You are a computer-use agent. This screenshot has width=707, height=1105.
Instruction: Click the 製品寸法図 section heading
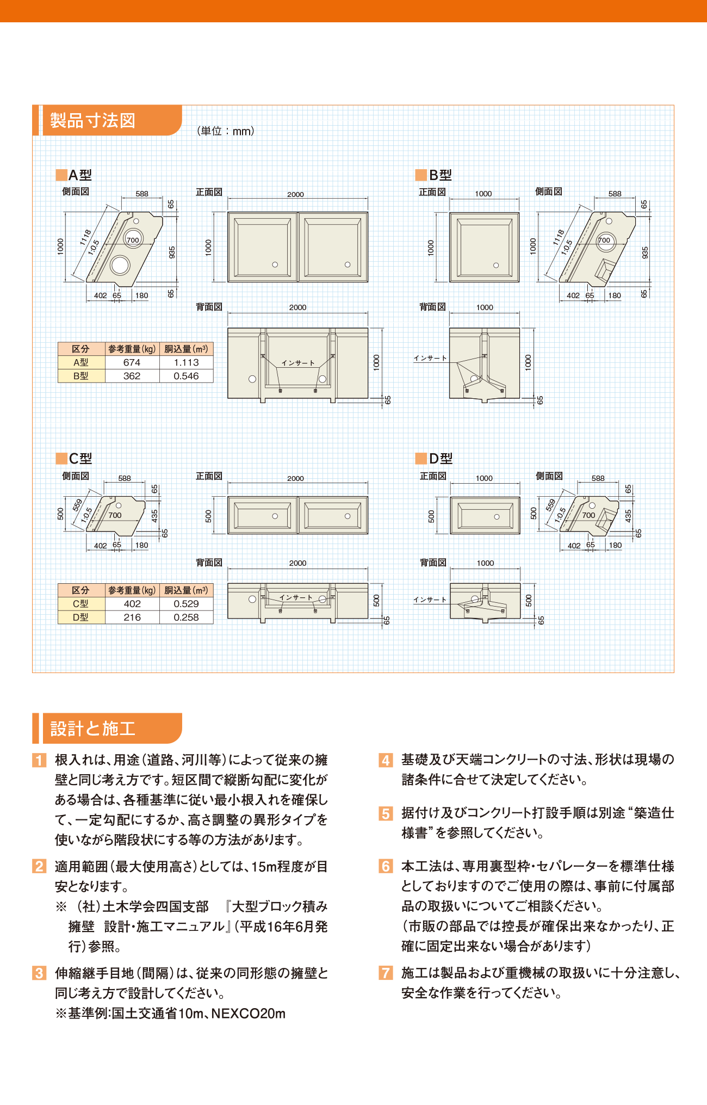92,120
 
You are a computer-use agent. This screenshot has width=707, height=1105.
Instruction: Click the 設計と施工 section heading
92,729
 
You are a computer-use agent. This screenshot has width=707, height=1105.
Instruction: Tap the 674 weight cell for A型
132,362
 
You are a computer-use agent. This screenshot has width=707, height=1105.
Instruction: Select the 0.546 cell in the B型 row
186,376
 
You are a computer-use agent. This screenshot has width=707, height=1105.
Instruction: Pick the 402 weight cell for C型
132,604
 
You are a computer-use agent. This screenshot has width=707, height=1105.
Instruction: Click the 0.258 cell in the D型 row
186,618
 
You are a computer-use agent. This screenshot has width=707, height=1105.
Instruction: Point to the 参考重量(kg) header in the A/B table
132,349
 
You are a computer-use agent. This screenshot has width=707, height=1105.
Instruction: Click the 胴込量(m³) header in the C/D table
186,590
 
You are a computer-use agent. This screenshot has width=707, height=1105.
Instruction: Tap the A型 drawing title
80,175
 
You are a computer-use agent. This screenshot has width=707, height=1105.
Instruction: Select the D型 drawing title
441,459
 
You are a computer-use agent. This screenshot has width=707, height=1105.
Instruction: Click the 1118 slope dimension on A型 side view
85,237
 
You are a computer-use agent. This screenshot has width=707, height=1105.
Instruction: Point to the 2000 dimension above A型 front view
295,194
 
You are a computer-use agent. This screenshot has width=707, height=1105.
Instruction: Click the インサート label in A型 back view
298,363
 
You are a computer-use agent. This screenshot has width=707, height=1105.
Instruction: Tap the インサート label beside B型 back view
430,358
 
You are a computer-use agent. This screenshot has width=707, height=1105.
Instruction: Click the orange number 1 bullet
39,760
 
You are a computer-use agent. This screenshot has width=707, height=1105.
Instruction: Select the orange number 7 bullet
386,973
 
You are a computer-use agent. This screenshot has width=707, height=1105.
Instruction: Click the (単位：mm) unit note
226,131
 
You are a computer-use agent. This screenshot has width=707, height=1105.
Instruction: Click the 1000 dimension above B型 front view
483,194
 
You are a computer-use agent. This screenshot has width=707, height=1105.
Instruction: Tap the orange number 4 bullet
386,760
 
